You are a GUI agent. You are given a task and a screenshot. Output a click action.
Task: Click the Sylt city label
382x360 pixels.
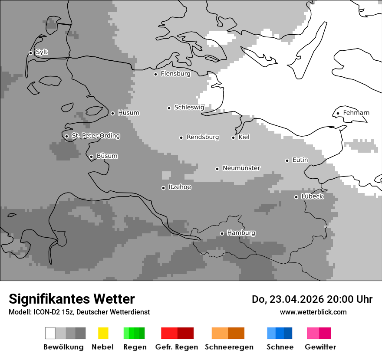click(42, 52)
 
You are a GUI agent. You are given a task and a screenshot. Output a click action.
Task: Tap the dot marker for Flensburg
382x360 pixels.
click(155, 74)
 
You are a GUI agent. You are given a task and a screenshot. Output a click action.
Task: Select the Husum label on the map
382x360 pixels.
click(128, 113)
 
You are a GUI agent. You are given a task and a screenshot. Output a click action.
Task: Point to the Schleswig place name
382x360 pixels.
click(189, 108)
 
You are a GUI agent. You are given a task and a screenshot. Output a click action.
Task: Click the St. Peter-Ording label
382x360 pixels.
click(95, 136)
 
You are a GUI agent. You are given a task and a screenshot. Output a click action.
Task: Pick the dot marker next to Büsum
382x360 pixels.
click(91, 157)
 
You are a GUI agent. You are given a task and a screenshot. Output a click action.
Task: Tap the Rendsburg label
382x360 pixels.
click(203, 137)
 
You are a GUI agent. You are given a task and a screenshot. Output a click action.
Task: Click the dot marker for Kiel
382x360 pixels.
click(233, 137)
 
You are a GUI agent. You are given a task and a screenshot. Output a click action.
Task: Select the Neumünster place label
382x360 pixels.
click(241, 168)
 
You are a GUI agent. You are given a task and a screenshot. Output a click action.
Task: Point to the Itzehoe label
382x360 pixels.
click(180, 187)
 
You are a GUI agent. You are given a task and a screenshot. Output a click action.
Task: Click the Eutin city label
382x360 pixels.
click(300, 160)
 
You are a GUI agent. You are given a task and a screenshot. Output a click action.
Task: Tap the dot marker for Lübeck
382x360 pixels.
click(296, 197)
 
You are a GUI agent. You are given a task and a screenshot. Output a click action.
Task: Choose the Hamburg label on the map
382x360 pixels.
click(241, 233)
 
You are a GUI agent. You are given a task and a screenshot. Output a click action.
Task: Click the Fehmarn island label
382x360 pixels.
click(356, 113)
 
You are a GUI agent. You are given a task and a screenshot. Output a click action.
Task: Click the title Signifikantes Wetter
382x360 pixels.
click(72, 299)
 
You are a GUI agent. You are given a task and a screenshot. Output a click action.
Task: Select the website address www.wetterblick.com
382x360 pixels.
click(313, 312)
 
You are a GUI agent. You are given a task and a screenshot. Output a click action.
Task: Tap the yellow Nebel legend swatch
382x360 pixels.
click(103, 333)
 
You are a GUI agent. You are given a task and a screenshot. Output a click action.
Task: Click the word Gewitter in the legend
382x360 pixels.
click(320, 347)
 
